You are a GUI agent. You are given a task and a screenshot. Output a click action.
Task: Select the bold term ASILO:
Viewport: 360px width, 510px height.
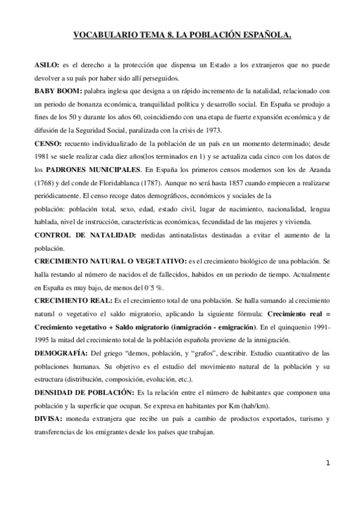click(44, 63)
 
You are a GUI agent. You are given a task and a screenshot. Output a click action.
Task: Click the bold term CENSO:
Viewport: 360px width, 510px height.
click(45, 145)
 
